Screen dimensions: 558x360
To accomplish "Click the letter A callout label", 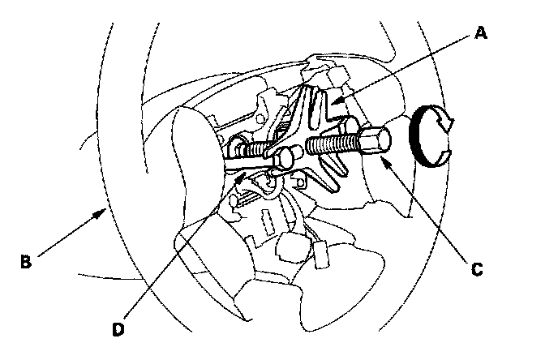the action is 481,33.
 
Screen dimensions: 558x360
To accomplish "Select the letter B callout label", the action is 25,261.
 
